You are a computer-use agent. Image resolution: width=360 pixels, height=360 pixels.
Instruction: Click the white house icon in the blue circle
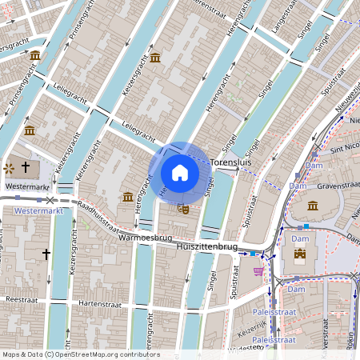180,172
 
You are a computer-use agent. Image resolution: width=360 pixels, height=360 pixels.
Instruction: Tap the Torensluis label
231,162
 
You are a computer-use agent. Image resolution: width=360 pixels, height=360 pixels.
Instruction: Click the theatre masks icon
182,208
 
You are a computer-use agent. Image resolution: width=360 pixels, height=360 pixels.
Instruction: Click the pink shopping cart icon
258,272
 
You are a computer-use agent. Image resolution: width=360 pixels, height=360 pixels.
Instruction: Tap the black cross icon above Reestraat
46,254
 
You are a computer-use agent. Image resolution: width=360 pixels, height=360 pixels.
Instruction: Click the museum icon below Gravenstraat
313,206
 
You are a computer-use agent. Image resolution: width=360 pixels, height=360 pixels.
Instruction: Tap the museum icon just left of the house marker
128,197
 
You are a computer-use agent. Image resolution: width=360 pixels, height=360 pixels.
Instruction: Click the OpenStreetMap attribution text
80,354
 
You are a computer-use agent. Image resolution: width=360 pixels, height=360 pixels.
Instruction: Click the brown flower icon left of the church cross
9,168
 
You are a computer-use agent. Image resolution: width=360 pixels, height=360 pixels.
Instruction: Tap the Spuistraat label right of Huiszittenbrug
236,274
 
